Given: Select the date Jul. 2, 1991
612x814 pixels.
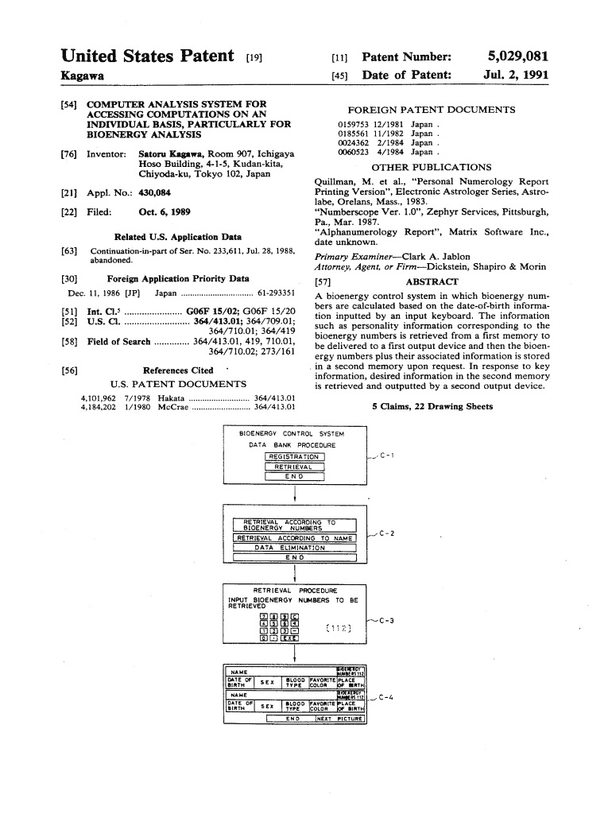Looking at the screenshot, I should pyautogui.click(x=517, y=76).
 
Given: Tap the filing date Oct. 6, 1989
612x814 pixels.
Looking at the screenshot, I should pyautogui.click(x=162, y=212).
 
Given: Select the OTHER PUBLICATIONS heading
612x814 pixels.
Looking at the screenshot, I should pyautogui.click(x=432, y=168).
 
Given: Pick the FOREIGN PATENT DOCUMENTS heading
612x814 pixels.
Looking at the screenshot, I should pyautogui.click(x=432, y=110).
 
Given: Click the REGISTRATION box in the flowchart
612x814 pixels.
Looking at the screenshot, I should pyautogui.click(x=294, y=457).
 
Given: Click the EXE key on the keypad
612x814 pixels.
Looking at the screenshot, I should pyautogui.click(x=290, y=638).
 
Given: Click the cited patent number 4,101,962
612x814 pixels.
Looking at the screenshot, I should pyautogui.click(x=99, y=397).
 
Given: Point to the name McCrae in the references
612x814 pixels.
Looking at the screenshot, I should pyautogui.click(x=173, y=408).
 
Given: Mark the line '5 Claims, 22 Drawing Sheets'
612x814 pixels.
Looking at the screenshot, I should pyautogui.click(x=432, y=407).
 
